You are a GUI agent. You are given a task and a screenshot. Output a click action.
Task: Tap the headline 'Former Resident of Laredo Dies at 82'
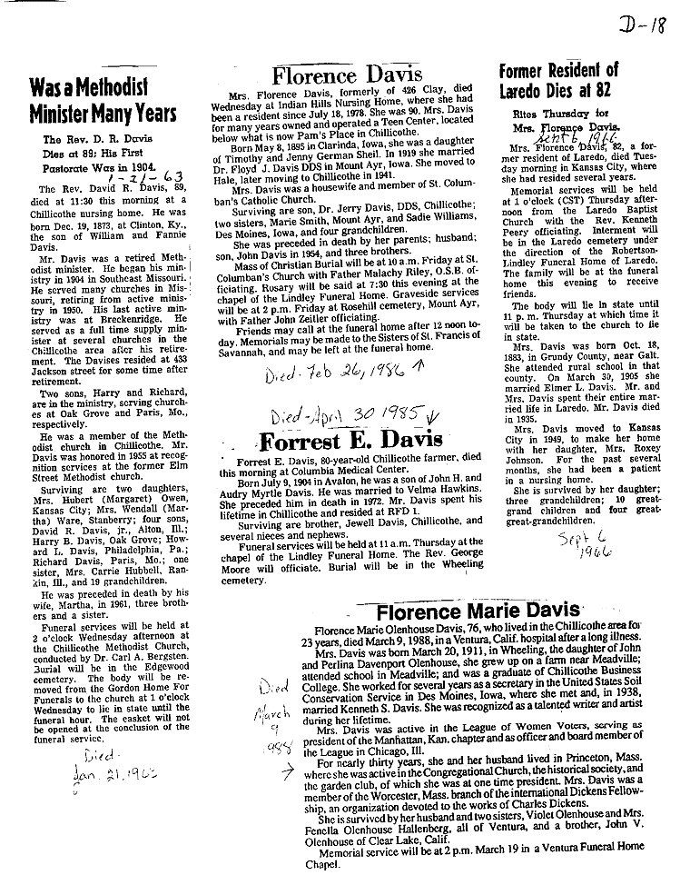coord(558,80)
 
